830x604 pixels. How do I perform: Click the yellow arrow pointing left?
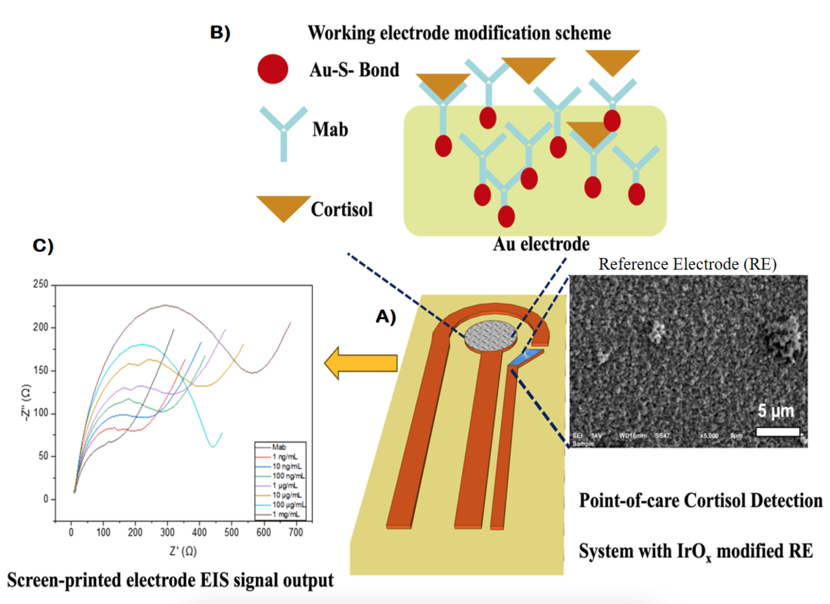(x=361, y=363)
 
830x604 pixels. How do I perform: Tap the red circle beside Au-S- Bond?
(x=273, y=69)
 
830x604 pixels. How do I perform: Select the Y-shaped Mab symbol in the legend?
(x=284, y=132)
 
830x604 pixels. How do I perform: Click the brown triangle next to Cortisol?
(x=284, y=207)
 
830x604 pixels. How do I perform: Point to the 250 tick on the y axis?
(x=41, y=284)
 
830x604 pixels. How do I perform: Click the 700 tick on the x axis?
(x=296, y=532)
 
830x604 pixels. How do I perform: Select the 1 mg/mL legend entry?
(x=286, y=514)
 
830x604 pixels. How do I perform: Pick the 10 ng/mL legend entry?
(x=287, y=466)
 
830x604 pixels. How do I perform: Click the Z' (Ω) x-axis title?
(x=183, y=551)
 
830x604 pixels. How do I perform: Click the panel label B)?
(x=220, y=32)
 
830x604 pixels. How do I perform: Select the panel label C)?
(x=43, y=245)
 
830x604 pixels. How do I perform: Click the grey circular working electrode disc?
(x=491, y=336)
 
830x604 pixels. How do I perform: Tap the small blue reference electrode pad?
(x=524, y=357)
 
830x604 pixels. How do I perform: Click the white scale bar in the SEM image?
(x=778, y=431)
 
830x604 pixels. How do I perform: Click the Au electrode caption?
(x=541, y=244)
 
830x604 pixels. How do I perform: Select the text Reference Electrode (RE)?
(x=687, y=264)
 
